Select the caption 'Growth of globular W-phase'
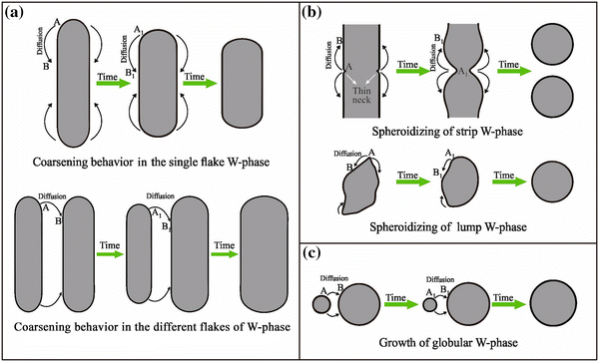[450, 345]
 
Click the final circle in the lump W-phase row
[557, 185]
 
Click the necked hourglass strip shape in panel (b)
[466, 66]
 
